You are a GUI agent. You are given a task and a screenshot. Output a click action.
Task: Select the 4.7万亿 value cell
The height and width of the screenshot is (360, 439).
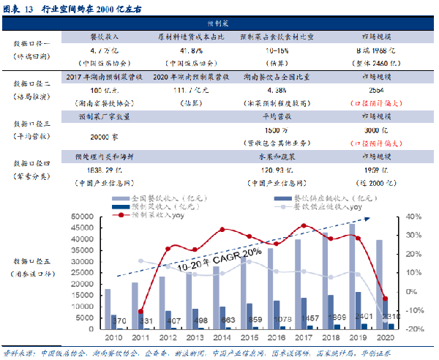(100, 50)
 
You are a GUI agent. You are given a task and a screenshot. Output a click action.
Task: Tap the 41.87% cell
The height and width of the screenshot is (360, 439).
(181, 50)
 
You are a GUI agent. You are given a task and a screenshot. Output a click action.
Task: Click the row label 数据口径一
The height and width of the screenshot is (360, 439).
(34, 44)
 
